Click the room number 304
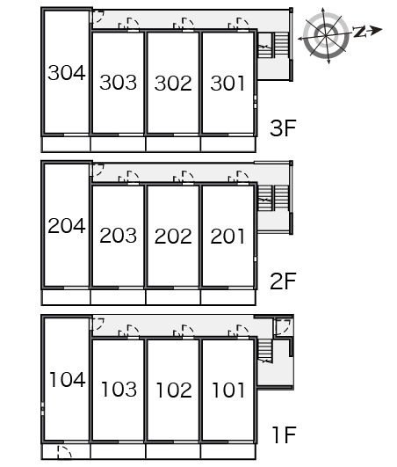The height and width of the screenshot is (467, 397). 67,73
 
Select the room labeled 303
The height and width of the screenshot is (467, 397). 119,83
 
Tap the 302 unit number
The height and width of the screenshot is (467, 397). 173,83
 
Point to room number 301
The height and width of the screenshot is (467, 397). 227,83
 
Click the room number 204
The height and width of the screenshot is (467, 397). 67,226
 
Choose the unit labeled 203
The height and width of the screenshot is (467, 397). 119,236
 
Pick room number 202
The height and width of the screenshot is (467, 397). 173,237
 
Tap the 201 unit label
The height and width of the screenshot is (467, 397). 227,237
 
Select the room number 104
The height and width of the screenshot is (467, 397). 68,380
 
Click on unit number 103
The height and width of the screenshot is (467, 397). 119,390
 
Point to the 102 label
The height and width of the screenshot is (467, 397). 174,390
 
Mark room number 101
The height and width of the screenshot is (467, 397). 228,390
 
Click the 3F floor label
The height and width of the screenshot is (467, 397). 283,128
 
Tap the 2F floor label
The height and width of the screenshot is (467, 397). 283,281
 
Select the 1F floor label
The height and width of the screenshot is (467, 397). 285,434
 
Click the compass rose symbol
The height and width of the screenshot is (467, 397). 326,36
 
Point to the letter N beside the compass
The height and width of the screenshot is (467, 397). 360,32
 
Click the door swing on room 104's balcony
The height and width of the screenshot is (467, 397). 64,452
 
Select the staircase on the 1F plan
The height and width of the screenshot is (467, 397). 264,351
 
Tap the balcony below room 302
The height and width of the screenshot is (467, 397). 173,144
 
